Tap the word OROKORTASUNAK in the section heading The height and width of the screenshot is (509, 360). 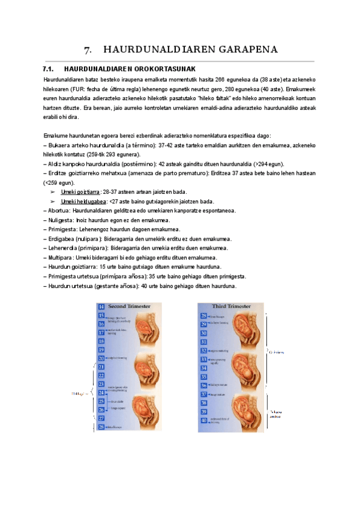(161, 69)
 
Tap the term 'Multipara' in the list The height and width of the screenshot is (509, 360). (61, 257)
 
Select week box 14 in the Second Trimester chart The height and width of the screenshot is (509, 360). (101, 307)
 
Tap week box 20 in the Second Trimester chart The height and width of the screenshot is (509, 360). (101, 358)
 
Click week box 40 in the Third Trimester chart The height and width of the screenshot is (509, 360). (203, 420)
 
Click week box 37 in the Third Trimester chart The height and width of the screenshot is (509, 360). (203, 394)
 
